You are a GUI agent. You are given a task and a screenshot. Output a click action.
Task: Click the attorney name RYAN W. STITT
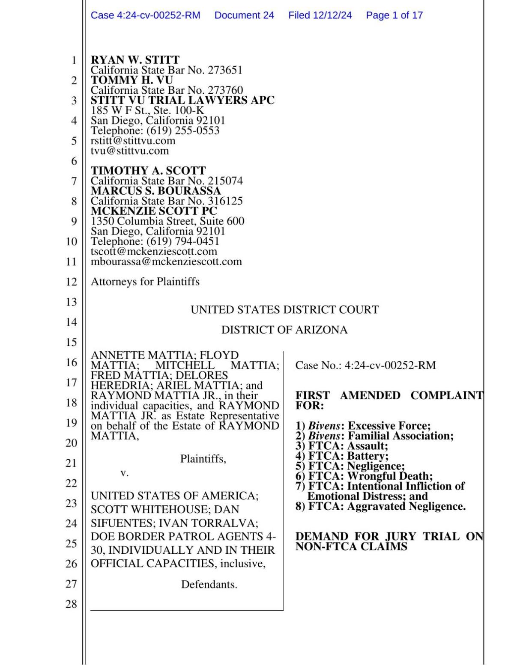tap(135, 60)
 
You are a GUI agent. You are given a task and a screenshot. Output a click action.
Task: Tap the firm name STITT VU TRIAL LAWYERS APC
tap(182, 100)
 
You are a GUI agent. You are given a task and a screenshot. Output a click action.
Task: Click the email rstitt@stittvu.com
tap(133, 140)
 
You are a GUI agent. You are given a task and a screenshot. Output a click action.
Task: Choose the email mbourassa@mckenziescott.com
tap(166, 261)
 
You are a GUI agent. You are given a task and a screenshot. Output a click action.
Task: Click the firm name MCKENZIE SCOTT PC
tap(154, 211)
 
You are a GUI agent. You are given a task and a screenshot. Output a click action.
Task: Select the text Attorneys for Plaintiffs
tap(145, 282)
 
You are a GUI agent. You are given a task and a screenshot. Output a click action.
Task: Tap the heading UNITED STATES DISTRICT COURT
tap(284, 309)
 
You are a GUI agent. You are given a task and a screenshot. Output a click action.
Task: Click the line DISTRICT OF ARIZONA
tap(284, 330)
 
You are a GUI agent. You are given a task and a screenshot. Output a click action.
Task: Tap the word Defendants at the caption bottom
tap(209, 584)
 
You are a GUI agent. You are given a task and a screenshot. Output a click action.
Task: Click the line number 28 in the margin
tap(71, 604)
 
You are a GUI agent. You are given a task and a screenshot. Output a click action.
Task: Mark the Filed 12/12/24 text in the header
tap(320, 15)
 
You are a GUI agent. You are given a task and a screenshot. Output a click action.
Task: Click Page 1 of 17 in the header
tap(394, 15)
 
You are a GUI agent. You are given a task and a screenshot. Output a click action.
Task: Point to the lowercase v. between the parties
tap(124, 473)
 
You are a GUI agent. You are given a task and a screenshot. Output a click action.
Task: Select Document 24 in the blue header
tap(244, 15)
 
